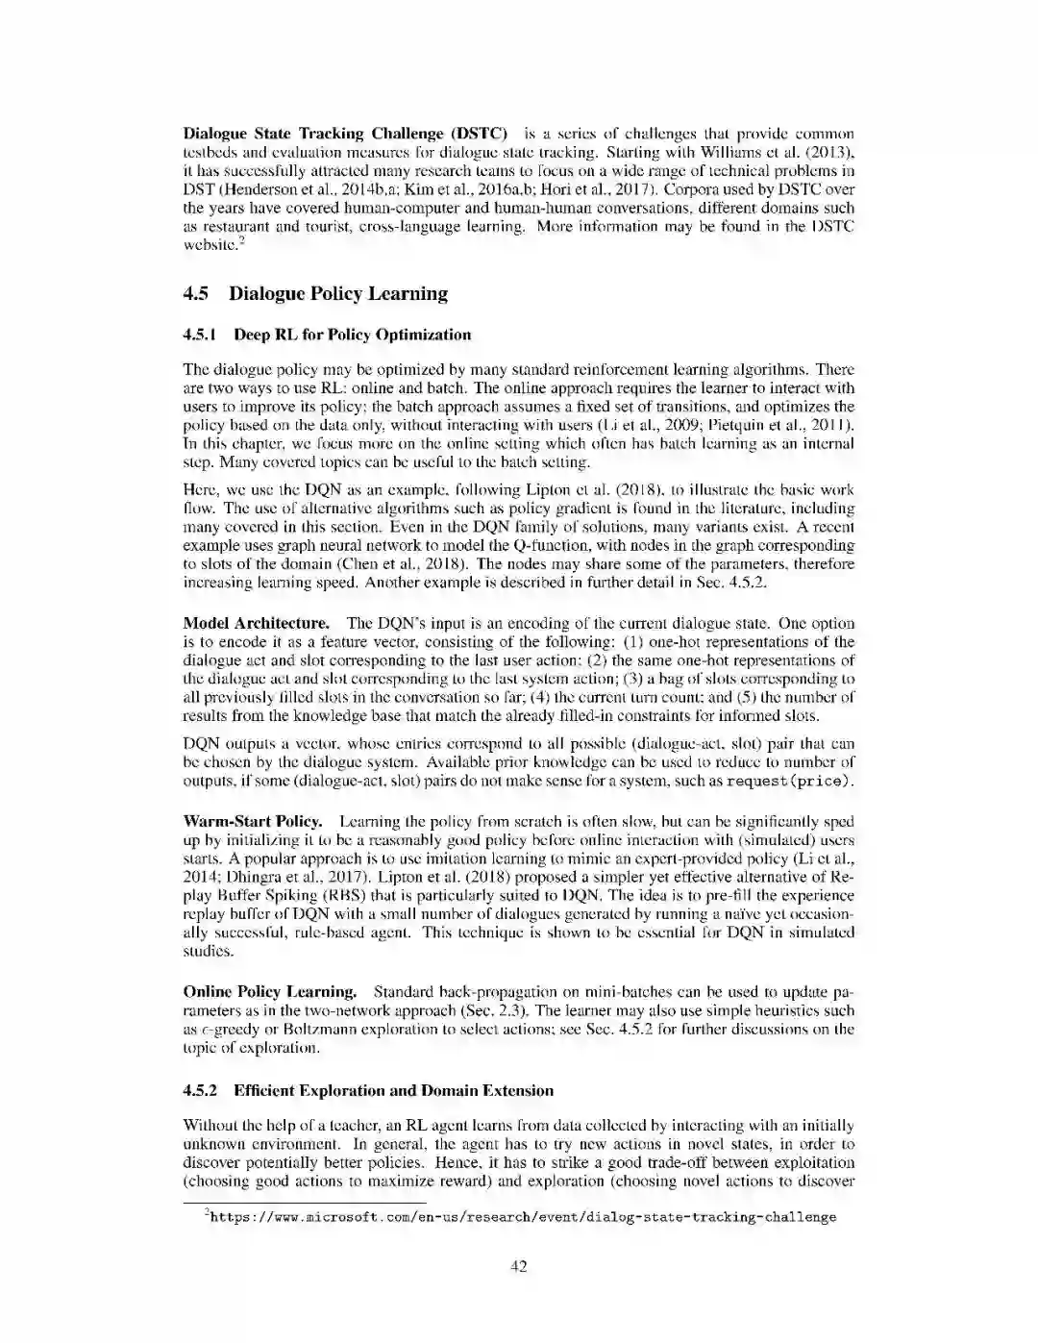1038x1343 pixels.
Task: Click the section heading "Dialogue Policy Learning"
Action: (x=338, y=294)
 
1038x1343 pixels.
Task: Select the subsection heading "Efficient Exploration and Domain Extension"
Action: (x=393, y=1091)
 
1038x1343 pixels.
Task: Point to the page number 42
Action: (x=518, y=1266)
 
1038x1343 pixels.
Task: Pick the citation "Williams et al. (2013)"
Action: (x=777, y=152)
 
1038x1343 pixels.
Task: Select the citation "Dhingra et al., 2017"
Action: (x=252, y=878)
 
